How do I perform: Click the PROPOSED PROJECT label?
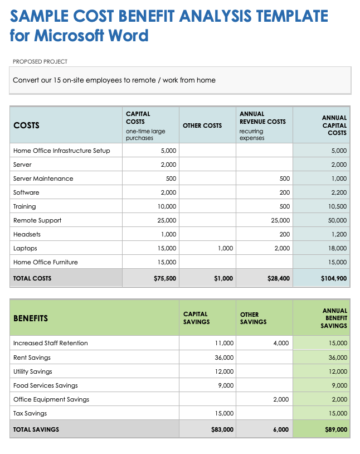coord(40,61)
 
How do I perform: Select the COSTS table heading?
coord(26,125)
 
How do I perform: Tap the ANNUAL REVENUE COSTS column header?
coord(262,118)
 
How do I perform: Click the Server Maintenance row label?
coord(43,178)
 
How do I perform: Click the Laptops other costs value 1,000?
coord(225,248)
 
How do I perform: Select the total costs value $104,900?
coord(334,278)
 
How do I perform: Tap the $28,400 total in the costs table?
coord(278,278)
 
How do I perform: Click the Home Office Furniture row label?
coord(46,262)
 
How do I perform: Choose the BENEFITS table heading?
coord(31,318)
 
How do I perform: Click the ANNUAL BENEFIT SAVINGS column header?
coord(334,318)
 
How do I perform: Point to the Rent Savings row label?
coord(32,358)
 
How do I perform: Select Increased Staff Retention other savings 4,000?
coord(281,343)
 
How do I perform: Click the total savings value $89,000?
coord(336,429)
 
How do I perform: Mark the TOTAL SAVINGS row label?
coord(36,429)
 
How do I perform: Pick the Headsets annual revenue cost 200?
coord(284,234)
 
